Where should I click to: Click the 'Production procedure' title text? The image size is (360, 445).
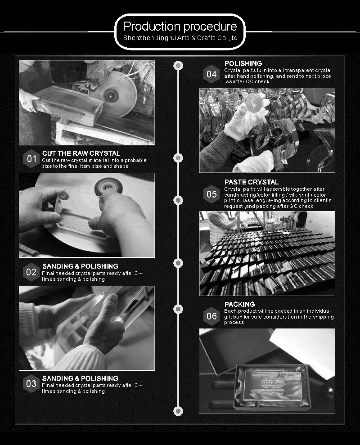180,27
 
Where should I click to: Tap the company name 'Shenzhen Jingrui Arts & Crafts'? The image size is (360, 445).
169,38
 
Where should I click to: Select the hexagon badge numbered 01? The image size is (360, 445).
31,159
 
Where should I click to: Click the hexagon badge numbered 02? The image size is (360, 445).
31,272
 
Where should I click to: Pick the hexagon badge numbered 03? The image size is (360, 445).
31,384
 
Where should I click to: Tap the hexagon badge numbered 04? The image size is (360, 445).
211,74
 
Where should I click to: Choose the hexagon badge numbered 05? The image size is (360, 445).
211,194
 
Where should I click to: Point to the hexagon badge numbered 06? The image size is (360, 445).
211,316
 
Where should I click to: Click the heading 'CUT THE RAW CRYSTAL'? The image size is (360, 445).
81,153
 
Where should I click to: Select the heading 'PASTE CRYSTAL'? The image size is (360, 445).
252,182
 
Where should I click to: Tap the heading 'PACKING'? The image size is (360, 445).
239,304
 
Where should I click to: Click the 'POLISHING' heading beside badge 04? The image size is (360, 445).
243,63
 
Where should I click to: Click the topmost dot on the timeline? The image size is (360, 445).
178,66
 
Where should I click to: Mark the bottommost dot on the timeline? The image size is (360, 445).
178,411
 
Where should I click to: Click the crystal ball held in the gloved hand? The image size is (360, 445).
253,103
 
